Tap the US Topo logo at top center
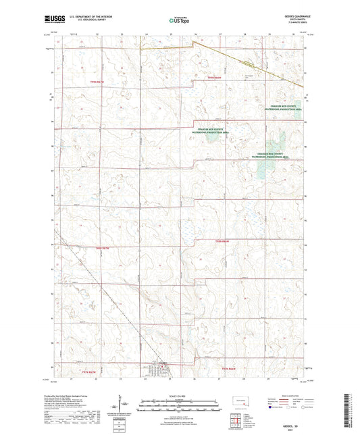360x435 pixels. (x=179, y=21)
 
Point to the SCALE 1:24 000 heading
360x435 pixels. (x=179, y=396)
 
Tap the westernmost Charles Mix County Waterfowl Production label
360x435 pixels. (x=214, y=130)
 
